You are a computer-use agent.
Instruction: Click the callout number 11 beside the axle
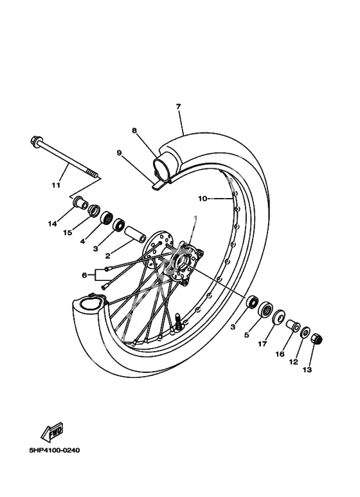(x=56, y=185)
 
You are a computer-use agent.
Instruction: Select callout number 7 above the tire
(x=179, y=107)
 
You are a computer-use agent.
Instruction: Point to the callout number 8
(x=134, y=131)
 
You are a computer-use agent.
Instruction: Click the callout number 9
(x=119, y=153)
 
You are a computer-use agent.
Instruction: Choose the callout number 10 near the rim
(x=203, y=199)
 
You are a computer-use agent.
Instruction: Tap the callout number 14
(x=52, y=224)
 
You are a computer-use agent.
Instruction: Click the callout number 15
(x=67, y=233)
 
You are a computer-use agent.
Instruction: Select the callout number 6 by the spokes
(x=84, y=275)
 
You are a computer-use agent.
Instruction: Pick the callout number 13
(x=307, y=370)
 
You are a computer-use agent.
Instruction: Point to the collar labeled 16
(x=293, y=326)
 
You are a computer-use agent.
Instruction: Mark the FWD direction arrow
(x=52, y=432)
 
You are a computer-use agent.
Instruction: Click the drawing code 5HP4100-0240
(x=55, y=450)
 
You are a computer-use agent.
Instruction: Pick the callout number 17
(x=262, y=343)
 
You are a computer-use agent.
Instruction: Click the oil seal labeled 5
(x=265, y=309)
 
